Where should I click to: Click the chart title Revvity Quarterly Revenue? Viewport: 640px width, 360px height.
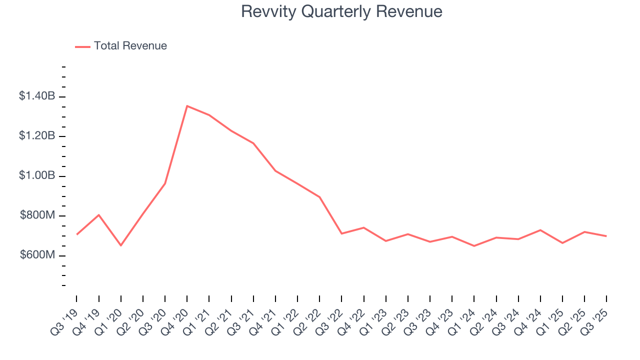pyautogui.click(x=341, y=11)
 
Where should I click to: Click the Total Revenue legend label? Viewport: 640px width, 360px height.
pyautogui.click(x=130, y=46)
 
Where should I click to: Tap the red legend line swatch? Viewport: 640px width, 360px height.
pyautogui.click(x=83, y=46)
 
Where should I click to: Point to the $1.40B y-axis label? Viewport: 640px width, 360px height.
pyautogui.click(x=37, y=96)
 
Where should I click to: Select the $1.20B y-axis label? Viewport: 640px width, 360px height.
pyautogui.click(x=37, y=136)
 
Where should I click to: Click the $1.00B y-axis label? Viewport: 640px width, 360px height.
pyautogui.click(x=37, y=176)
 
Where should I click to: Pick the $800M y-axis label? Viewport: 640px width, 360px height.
pyautogui.click(x=37, y=215)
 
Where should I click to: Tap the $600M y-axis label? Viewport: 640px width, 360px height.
pyautogui.click(x=37, y=255)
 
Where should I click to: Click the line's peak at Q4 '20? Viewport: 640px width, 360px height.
pyautogui.click(x=187, y=106)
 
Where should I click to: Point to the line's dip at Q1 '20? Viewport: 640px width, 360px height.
pyautogui.click(x=120, y=245)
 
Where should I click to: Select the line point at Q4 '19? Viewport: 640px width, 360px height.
pyautogui.click(x=99, y=215)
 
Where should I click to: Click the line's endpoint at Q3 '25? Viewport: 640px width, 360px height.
pyautogui.click(x=606, y=236)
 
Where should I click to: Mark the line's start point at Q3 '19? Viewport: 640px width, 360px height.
pyautogui.click(x=76, y=234)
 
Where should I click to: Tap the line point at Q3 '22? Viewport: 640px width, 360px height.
pyautogui.click(x=341, y=233)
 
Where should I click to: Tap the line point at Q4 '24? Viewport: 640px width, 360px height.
pyautogui.click(x=540, y=230)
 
